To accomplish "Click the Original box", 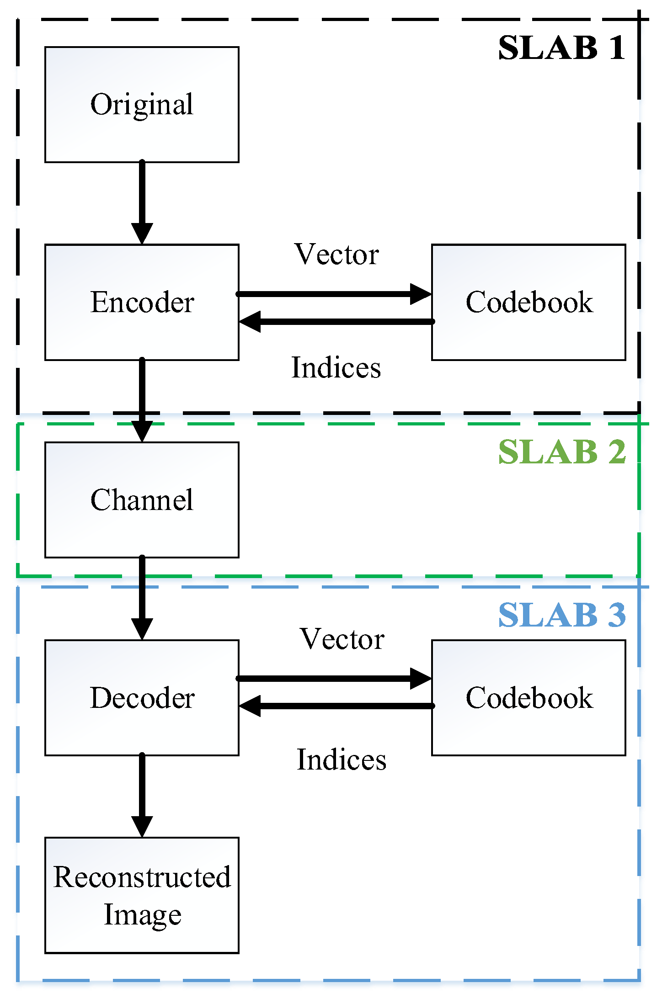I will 142,105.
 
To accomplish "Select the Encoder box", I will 142,302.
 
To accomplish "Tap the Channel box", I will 142,499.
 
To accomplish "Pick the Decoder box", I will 142,697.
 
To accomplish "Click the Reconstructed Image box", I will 142,895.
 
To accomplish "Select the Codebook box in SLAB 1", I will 529,302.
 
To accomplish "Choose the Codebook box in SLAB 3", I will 529,697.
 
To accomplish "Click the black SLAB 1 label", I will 561,48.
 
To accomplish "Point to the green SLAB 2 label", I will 561,452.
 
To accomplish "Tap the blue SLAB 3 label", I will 561,615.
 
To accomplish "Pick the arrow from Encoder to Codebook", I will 334,294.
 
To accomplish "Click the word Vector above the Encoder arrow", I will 336,255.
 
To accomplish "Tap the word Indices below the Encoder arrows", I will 336,368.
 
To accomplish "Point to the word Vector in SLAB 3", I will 342,639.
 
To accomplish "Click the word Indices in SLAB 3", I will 342,760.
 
